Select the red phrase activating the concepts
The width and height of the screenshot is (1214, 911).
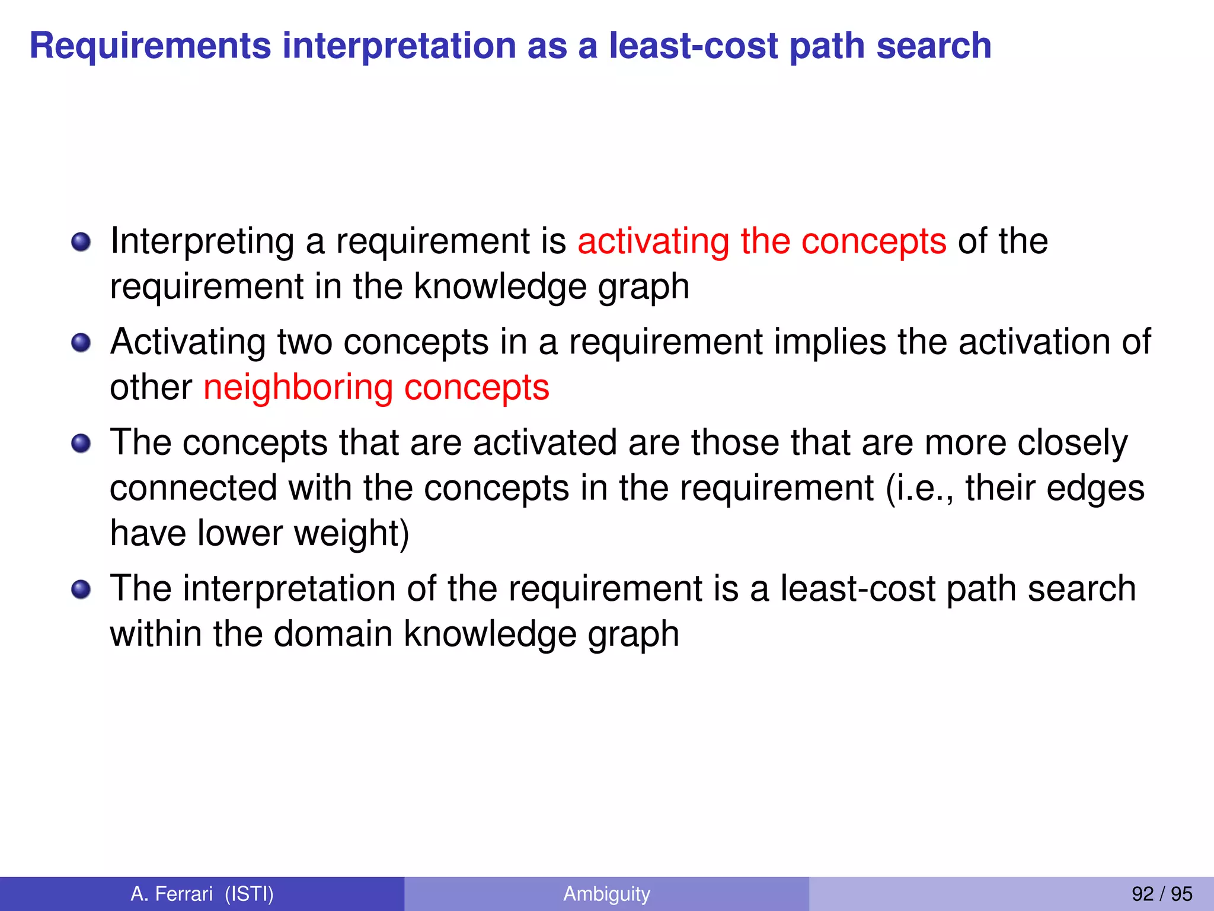click(x=762, y=241)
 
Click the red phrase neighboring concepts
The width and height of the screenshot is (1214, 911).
click(x=376, y=388)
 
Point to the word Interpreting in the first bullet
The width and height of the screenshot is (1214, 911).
click(x=202, y=241)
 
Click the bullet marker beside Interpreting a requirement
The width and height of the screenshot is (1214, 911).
click(x=81, y=242)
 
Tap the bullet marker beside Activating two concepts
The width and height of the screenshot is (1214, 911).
click(x=81, y=343)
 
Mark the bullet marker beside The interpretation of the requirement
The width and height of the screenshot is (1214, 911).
click(x=81, y=590)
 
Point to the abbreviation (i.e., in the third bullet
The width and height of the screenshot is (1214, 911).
click(x=919, y=488)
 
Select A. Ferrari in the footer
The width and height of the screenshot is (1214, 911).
click(x=171, y=894)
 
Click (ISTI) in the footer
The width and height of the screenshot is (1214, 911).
click(x=249, y=894)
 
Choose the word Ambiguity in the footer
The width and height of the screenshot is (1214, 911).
click(x=606, y=894)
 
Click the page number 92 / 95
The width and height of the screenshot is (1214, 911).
click(x=1162, y=894)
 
